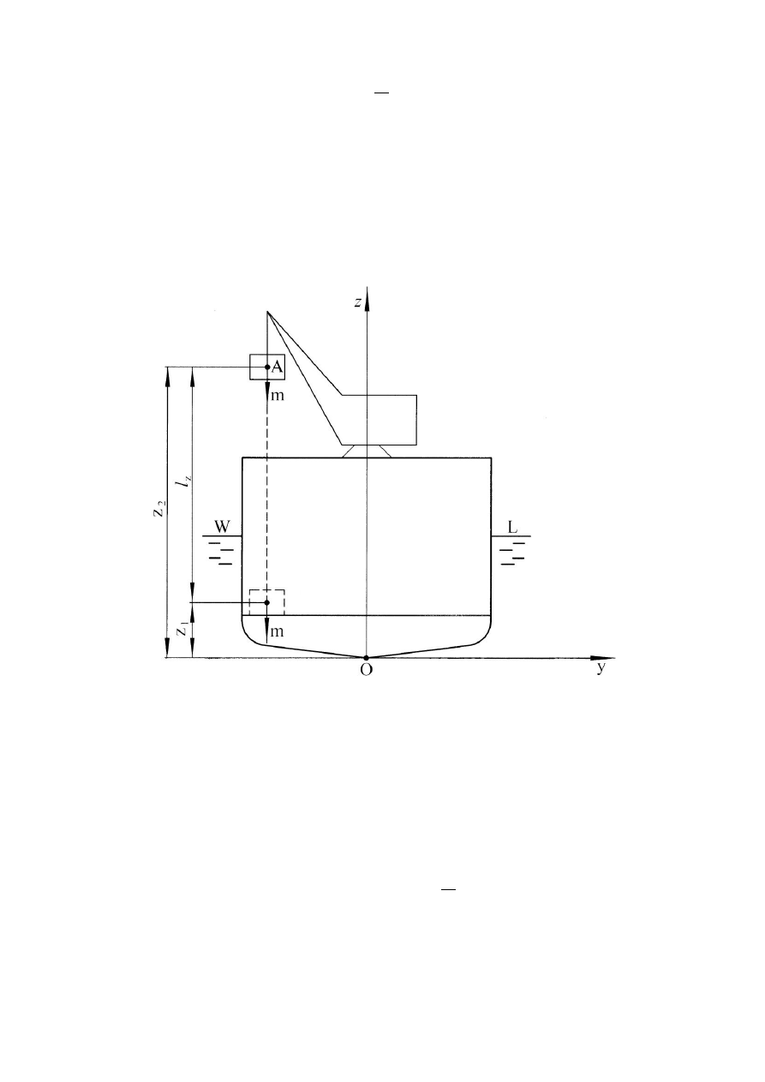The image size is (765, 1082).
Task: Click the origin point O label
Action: (x=366, y=670)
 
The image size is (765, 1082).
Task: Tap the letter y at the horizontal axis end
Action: (x=601, y=668)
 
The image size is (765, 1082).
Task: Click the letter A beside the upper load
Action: (x=277, y=367)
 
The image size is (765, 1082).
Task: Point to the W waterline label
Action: (x=222, y=527)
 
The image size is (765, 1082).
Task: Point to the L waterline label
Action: (x=512, y=527)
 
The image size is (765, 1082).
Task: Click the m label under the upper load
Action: (x=278, y=396)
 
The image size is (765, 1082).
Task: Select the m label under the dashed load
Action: (x=278, y=631)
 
